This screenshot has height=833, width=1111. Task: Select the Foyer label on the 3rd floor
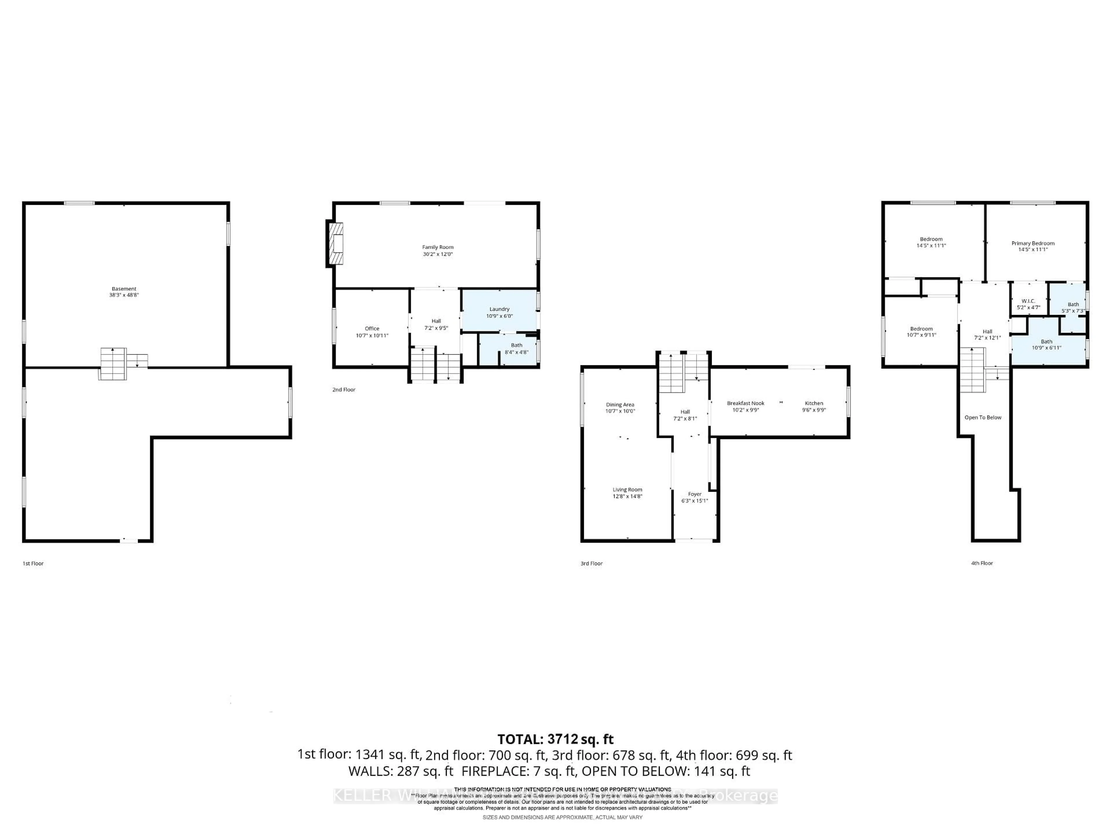pyautogui.click(x=695, y=494)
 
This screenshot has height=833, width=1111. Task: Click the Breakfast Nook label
pyautogui.click(x=745, y=403)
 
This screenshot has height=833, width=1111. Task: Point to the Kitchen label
pyautogui.click(x=814, y=403)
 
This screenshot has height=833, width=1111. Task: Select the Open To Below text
pyautogui.click(x=983, y=418)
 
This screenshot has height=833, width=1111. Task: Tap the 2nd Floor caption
pyautogui.click(x=343, y=390)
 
